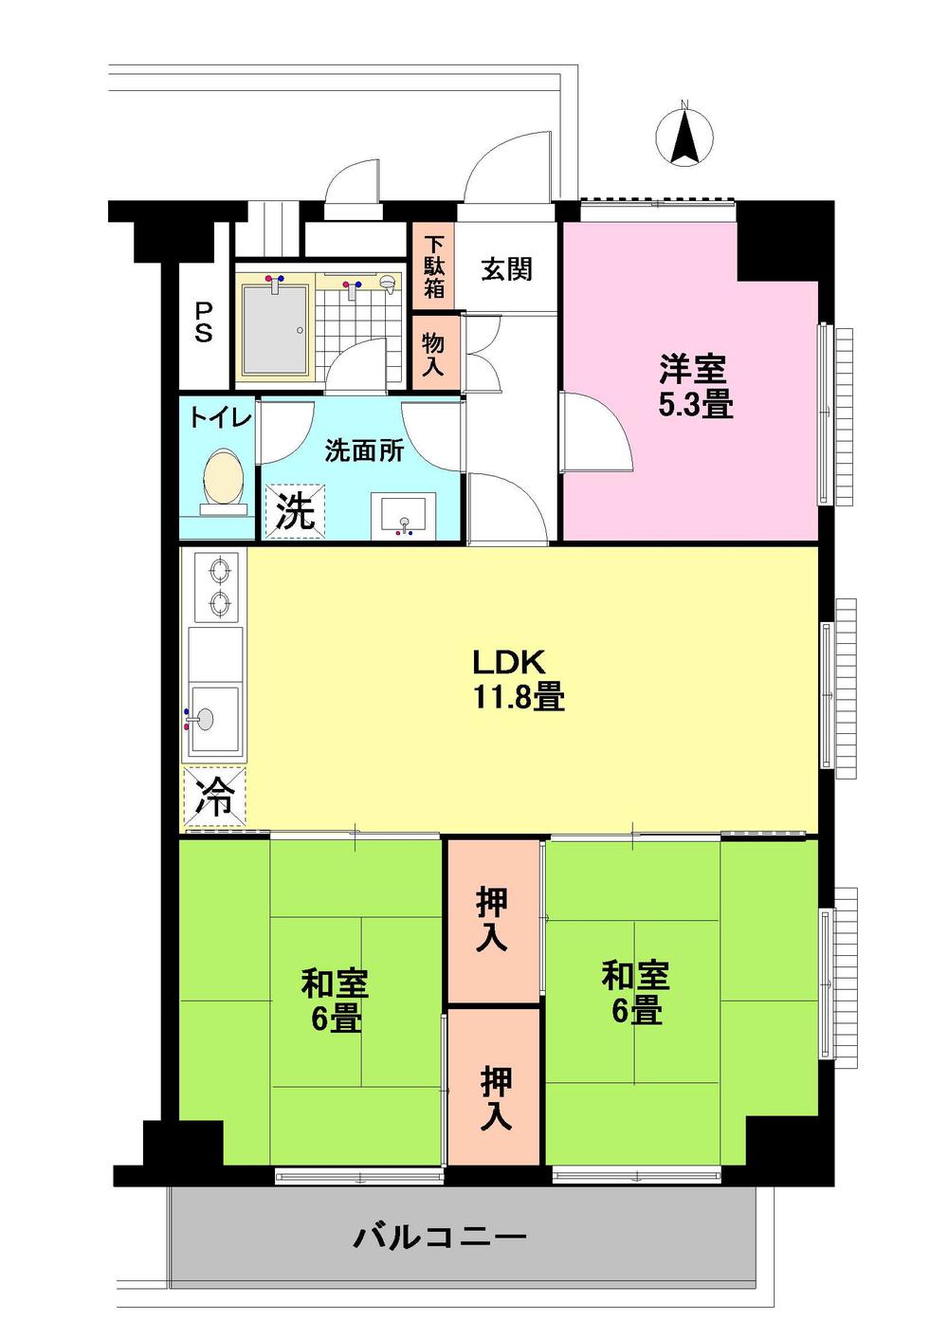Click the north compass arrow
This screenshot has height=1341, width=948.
(684, 137)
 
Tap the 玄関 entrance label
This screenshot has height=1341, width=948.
(506, 269)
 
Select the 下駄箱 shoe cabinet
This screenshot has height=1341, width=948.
(433, 266)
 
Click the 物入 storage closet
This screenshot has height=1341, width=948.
(433, 352)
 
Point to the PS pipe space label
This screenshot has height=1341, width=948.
(204, 322)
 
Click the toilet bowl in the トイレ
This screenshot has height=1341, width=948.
(225, 478)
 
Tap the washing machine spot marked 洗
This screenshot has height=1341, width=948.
(294, 512)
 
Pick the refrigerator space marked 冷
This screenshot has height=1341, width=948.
(214, 798)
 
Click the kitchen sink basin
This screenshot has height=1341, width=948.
(214, 720)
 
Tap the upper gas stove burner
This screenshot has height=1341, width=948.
(218, 571)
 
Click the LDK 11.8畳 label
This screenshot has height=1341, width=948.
(519, 680)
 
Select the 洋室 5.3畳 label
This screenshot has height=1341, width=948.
(695, 386)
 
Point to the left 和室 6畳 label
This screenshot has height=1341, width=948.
(335, 1001)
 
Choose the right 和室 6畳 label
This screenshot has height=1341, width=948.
(635, 992)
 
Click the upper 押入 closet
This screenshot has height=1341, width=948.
(492, 920)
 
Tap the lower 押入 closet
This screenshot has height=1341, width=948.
(495, 1097)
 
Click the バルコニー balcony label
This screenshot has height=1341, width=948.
(440, 1237)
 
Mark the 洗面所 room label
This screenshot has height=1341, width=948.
(364, 450)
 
